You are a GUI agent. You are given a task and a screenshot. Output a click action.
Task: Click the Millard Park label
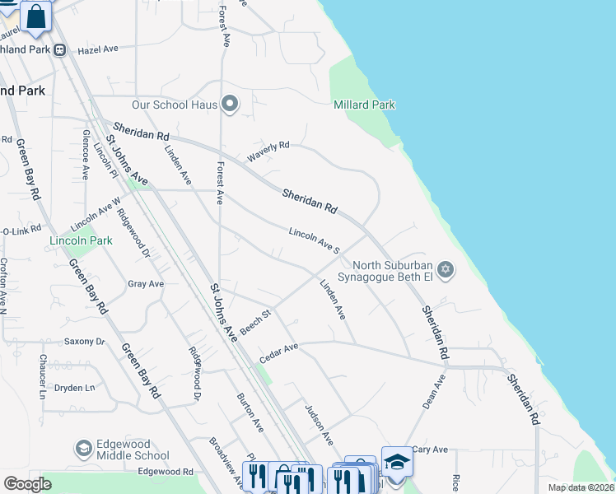click(x=364, y=105)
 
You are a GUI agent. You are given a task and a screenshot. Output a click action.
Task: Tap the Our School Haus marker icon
click(x=230, y=105)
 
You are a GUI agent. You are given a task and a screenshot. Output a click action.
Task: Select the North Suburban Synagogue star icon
click(x=446, y=270)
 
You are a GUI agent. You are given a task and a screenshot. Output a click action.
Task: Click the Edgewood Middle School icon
click(x=83, y=448)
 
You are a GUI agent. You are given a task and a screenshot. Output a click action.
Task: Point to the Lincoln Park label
click(x=80, y=240)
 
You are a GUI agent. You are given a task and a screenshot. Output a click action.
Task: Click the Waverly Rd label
click(x=269, y=151)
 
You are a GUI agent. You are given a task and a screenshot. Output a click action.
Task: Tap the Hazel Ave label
click(x=98, y=50)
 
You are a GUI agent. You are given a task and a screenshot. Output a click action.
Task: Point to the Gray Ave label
click(x=146, y=284)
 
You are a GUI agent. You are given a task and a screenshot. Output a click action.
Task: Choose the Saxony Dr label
click(x=85, y=341)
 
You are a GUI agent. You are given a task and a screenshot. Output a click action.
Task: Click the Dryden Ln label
click(x=75, y=387)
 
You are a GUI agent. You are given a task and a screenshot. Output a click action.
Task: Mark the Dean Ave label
click(x=433, y=392)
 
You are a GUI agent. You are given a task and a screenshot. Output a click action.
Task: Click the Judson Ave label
click(x=319, y=422)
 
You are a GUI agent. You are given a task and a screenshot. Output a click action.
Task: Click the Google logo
click(x=27, y=484)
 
